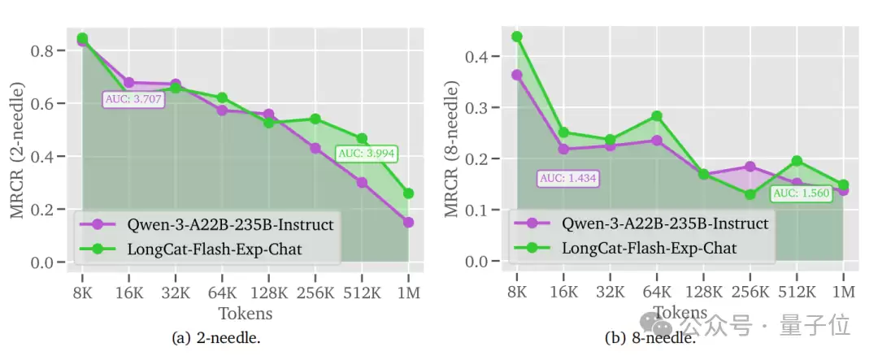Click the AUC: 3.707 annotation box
click(134, 99)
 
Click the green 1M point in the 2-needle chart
click(408, 193)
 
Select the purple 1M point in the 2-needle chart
click(408, 222)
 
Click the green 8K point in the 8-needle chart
click(517, 37)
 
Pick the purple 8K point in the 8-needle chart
click(517, 75)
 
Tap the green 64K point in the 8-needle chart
click(657, 116)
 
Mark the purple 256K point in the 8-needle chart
click(750, 167)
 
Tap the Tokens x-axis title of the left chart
click(245, 313)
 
